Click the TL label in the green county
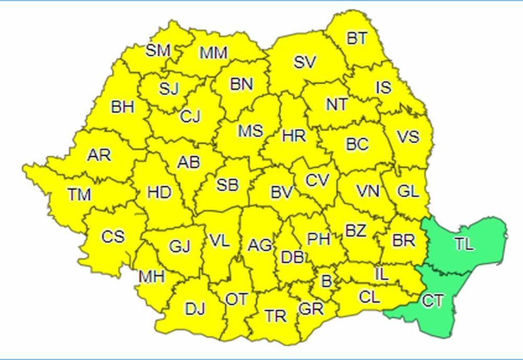point(464,244)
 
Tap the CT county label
point(433,302)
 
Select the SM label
point(158,51)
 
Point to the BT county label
point(357,39)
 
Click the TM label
point(79,195)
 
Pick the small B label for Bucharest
point(326,282)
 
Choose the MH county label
point(152,276)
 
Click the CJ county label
point(190,116)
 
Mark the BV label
point(281,193)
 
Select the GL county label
point(408,192)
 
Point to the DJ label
point(195,309)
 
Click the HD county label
point(159,193)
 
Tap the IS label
point(383,87)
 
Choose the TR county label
point(275,316)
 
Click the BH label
point(122,107)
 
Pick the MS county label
point(250,131)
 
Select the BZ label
point(356,230)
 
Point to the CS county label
point(113,237)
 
